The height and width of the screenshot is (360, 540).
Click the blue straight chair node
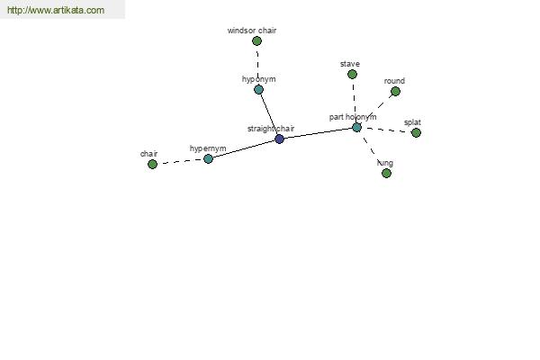(x=279, y=139)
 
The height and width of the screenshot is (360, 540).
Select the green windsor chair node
(x=256, y=41)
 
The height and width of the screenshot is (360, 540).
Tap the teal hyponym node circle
(x=258, y=90)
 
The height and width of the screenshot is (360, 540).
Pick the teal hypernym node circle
(x=208, y=158)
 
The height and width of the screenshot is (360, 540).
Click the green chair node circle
(x=152, y=165)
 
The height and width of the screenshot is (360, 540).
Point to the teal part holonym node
(x=356, y=128)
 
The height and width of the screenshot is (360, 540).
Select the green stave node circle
(x=352, y=74)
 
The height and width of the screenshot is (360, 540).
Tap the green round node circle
(x=395, y=91)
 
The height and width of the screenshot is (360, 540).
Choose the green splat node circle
(x=416, y=132)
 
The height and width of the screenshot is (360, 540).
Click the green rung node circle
(x=386, y=174)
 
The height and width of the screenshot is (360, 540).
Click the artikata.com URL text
(x=56, y=10)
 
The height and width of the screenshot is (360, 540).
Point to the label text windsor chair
(x=252, y=31)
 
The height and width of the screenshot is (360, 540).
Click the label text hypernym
(x=208, y=148)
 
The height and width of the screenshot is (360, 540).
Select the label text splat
(x=412, y=122)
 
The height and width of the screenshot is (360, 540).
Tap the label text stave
(x=350, y=64)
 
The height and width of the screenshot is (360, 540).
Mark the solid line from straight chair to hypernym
(x=244, y=148)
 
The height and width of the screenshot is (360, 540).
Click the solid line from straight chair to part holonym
(x=318, y=133)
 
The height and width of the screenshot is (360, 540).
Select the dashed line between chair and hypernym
(x=180, y=162)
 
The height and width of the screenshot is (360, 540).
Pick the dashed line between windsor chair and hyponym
(x=257, y=66)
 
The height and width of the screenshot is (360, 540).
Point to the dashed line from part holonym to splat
(x=386, y=130)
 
